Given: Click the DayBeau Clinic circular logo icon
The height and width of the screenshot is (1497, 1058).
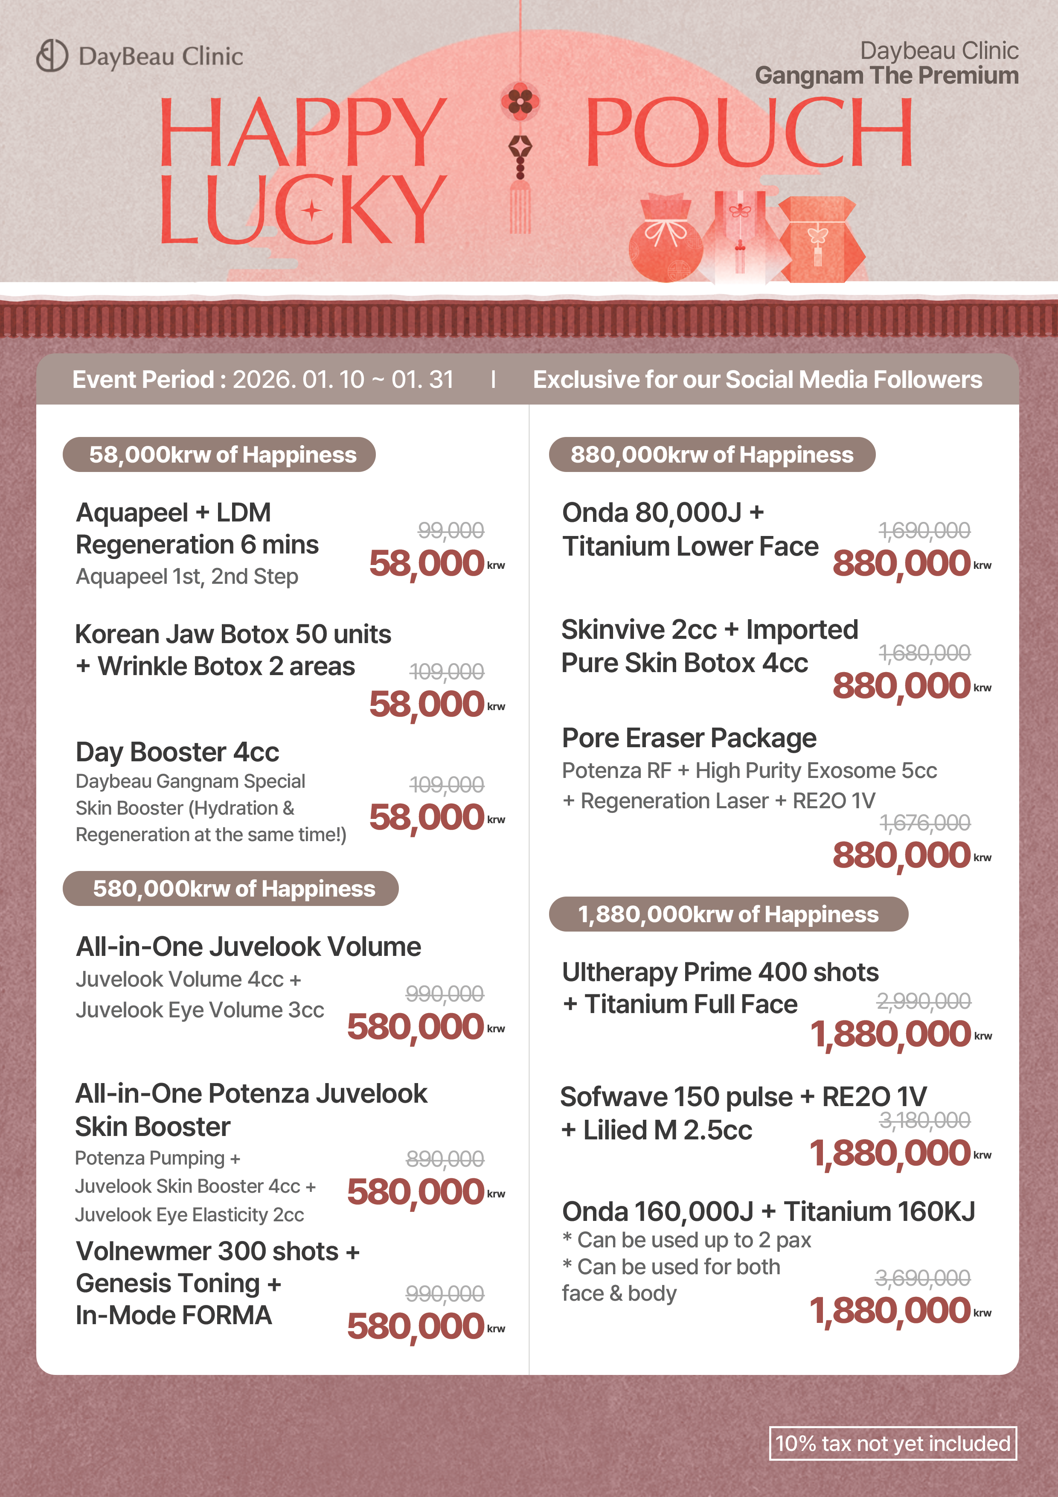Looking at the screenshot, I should point(52,55).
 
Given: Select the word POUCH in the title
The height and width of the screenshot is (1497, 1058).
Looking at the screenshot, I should point(748,132).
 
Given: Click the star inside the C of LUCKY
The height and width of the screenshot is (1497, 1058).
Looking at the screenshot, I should point(311,211).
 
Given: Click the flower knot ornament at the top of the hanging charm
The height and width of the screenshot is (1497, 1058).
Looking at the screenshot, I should point(520,101).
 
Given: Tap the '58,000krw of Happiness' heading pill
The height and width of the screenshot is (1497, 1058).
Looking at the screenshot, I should point(219,454).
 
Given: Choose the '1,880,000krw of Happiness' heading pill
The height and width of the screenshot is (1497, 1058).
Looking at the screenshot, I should point(728,914).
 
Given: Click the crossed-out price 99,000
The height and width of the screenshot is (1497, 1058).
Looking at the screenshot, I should point(451,530).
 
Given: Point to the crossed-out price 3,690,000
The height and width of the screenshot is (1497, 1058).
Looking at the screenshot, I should point(922,1278).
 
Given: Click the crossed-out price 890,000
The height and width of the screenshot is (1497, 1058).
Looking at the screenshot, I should point(445,1159).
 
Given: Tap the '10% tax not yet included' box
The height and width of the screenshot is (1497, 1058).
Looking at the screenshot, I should point(892,1443).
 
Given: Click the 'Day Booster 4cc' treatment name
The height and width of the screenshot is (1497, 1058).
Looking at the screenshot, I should point(177,752).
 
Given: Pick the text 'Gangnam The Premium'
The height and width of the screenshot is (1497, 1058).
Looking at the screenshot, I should point(887,76).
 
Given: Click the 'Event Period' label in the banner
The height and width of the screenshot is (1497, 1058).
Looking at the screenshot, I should point(143,379).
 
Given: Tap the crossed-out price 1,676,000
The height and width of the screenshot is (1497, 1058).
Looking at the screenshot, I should point(924,823).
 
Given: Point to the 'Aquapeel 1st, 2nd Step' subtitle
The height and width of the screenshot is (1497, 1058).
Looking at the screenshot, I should point(187,577).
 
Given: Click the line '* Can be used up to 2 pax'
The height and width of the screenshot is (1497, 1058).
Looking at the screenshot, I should point(686,1239).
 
